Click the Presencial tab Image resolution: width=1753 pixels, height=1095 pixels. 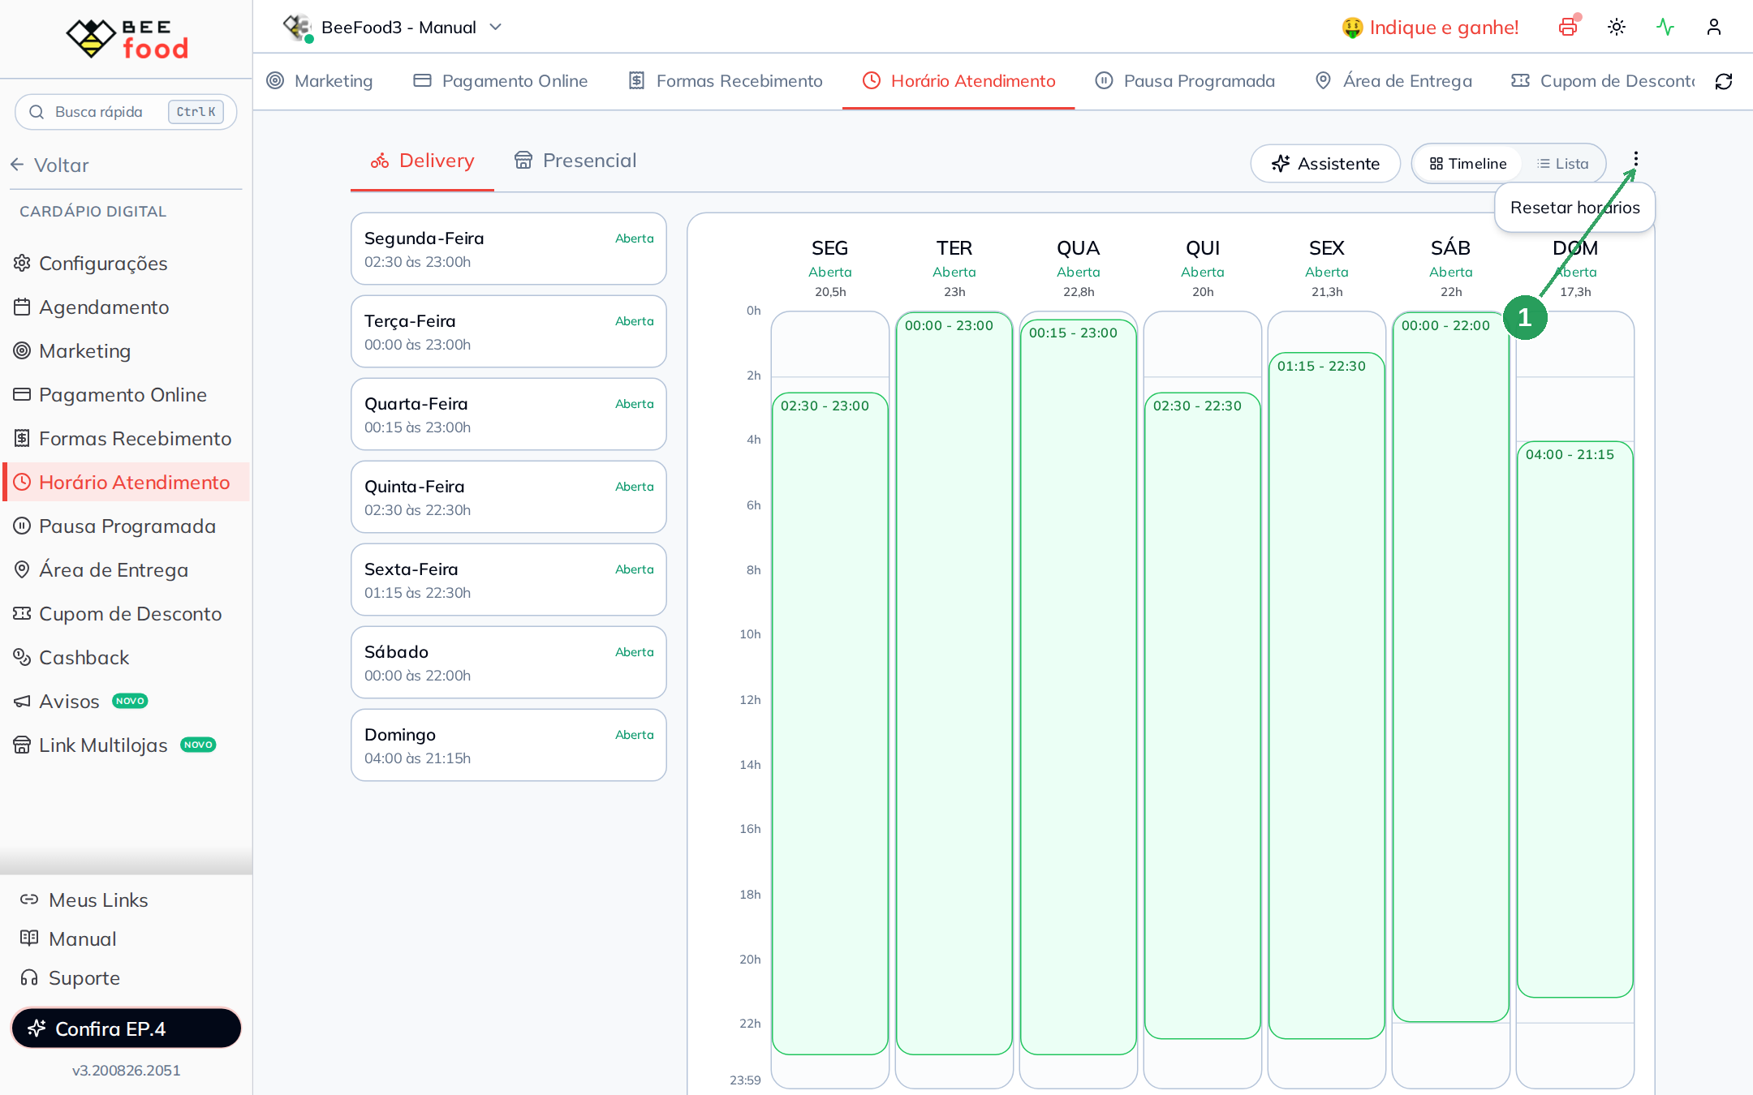pos(575,161)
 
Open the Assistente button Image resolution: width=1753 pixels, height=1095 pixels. pos(1325,164)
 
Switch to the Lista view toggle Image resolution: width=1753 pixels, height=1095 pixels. pos(1562,164)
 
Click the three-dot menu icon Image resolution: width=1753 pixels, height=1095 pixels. pos(1635,159)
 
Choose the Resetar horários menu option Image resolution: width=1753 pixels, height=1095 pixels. pos(1574,208)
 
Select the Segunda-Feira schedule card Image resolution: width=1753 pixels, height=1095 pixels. pos(509,249)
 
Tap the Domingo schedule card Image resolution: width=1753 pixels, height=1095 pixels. pos(509,745)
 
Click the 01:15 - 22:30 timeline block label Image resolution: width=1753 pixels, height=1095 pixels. pos(1321,367)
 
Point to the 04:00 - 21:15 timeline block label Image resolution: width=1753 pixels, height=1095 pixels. pos(1570,455)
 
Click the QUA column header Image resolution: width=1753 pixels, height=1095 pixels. pos(1078,248)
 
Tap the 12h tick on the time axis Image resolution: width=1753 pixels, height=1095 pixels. pos(750,700)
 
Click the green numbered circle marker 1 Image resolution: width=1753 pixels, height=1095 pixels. pos(1525,317)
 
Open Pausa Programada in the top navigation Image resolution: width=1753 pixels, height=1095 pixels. pos(1185,81)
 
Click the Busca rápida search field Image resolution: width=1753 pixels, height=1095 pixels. pos(126,112)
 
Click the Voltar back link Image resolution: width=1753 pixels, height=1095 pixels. pos(50,165)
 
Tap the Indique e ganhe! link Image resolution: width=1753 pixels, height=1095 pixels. pos(1430,28)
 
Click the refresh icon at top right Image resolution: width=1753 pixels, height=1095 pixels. pos(1724,81)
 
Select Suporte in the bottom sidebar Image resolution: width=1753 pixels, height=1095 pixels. pos(71,978)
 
